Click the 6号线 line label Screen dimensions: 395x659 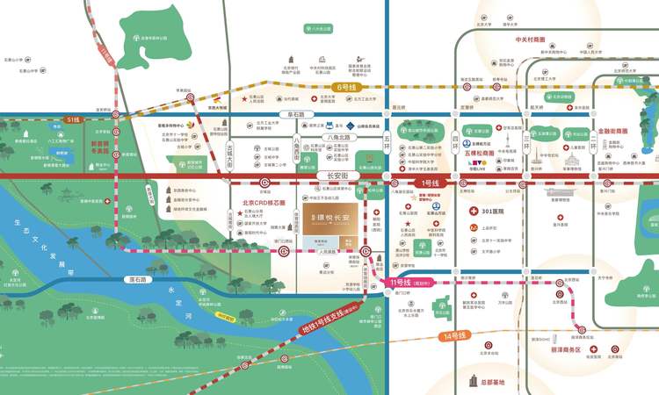[x=347, y=88]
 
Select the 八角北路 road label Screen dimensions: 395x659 [x=337, y=138]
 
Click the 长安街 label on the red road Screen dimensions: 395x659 [x=326, y=176]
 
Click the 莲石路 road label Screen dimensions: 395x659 [x=136, y=280]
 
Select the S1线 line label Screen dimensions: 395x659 [x=72, y=118]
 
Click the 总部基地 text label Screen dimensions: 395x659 [x=495, y=383]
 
